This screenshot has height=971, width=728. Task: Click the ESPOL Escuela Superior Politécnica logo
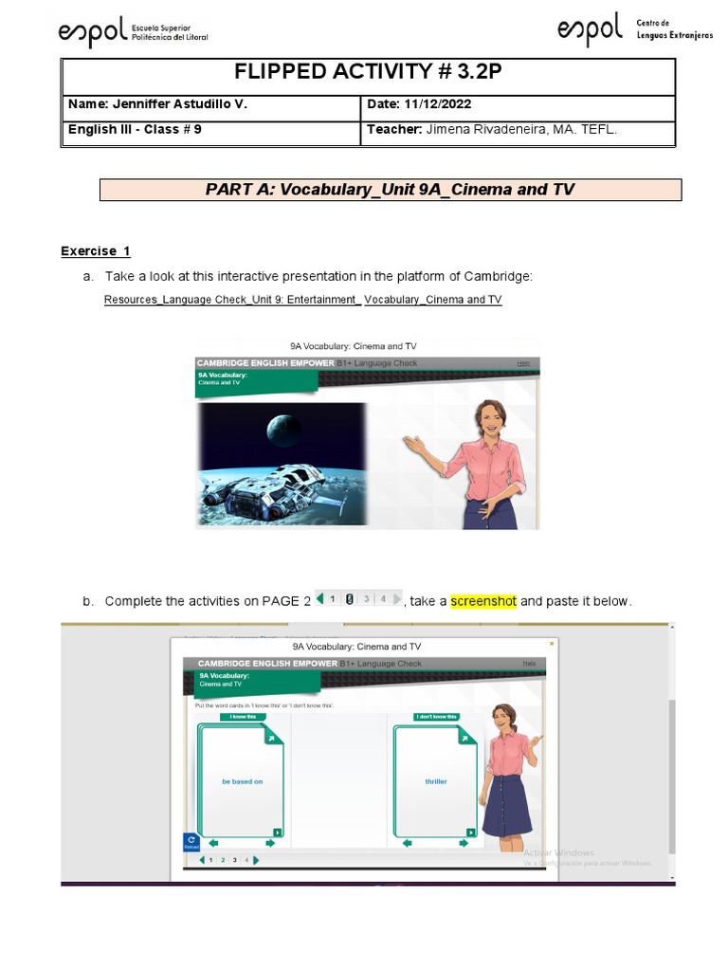tap(132, 33)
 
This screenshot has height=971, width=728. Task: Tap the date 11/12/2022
tap(438, 104)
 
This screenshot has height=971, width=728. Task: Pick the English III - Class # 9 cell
tap(135, 130)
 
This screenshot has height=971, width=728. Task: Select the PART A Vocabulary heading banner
tap(390, 190)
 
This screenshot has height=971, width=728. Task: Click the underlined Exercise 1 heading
tap(96, 251)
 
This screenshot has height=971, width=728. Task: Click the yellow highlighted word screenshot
tap(483, 601)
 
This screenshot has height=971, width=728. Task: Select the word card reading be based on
tap(242, 781)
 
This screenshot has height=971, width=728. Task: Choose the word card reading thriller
tap(436, 781)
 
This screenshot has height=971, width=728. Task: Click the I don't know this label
tap(436, 717)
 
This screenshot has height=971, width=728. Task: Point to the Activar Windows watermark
tap(558, 852)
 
